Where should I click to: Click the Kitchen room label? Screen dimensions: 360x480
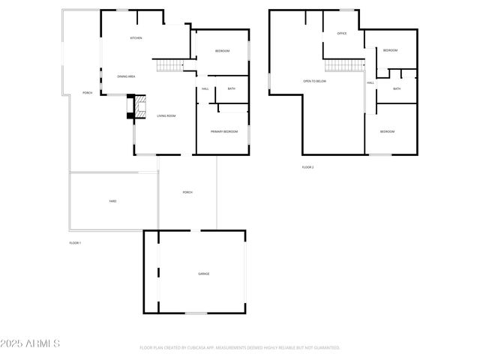pos(136,37)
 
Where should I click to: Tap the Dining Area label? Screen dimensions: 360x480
pos(126,76)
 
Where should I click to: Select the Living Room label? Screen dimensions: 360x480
pos(166,115)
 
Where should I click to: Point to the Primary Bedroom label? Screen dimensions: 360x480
pos(223,131)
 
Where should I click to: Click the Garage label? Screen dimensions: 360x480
pos(203,274)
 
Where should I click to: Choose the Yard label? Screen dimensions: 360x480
pos(112,201)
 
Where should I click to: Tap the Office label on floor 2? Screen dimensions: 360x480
pos(342,34)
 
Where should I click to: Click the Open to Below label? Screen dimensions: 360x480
pos(314,81)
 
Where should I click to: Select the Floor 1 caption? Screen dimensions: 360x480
pos(75,243)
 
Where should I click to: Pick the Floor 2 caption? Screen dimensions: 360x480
pos(307,166)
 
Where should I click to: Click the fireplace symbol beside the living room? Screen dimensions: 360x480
pos(138,108)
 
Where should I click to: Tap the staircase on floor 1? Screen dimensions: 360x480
pos(170,66)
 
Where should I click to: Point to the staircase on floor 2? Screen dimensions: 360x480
pos(344,67)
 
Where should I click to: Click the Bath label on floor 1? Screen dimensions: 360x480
pos(232,89)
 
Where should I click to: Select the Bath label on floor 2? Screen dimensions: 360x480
pos(397,88)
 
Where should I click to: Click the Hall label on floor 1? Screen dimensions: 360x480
pos(205,89)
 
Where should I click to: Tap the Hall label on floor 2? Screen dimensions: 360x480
pos(370,83)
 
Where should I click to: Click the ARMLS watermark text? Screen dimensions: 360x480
pos(31,343)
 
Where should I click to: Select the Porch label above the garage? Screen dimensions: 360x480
pos(187,192)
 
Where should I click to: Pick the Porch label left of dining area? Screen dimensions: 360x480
pos(87,93)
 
